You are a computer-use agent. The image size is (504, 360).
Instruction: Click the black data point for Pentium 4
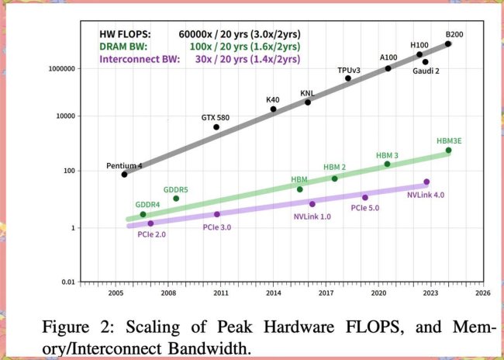[x=124, y=175]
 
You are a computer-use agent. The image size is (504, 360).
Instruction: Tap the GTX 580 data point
[x=216, y=127]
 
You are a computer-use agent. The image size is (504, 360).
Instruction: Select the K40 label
[x=272, y=99]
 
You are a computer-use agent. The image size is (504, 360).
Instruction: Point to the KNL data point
[x=308, y=102]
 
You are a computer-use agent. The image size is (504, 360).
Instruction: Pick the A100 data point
[x=388, y=68]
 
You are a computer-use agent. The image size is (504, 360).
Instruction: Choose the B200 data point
[x=448, y=44]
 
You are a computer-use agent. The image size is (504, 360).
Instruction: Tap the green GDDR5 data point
[x=176, y=199]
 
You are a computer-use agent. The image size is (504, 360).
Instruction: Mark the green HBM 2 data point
[x=335, y=178]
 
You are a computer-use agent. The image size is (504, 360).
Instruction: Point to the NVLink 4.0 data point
[x=426, y=182]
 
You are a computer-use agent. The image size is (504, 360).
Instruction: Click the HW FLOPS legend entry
[x=126, y=34]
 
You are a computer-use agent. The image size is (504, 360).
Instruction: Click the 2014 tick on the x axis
[x=274, y=295]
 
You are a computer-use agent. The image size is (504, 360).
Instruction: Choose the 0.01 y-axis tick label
[x=67, y=282]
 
